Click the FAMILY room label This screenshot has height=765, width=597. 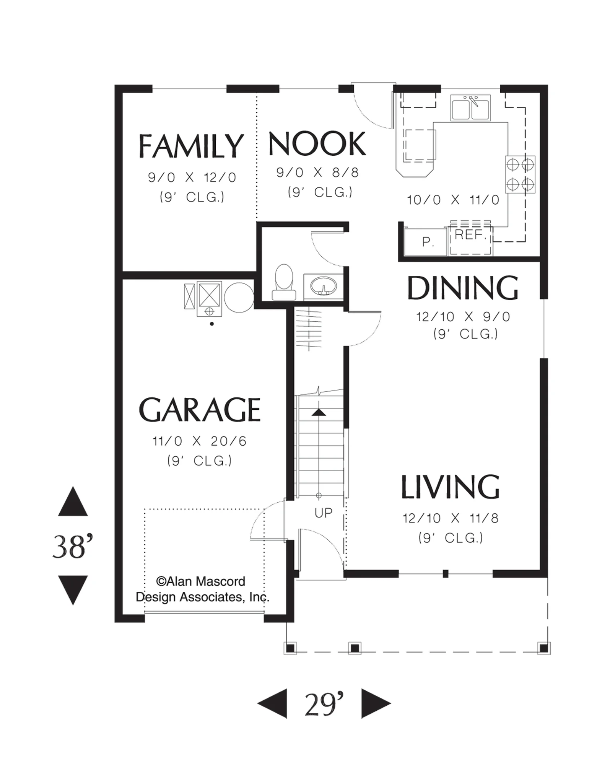191,146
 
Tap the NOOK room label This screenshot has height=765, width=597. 317,143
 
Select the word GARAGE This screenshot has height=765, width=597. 199,409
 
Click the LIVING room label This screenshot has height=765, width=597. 450,487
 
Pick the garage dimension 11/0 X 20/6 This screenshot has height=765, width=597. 200,441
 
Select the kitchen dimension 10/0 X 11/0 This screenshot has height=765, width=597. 453,200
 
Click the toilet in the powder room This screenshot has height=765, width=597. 284,282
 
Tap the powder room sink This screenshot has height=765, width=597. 324,285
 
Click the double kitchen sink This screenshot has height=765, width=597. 470,108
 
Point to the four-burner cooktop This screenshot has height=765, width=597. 520,175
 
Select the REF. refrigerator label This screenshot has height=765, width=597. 470,234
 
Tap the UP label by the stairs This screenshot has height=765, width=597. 324,513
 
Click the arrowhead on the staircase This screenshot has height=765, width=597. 319,412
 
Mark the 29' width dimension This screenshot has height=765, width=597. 324,704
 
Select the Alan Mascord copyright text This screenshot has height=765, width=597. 203,589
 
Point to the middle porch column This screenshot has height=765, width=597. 355,648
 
